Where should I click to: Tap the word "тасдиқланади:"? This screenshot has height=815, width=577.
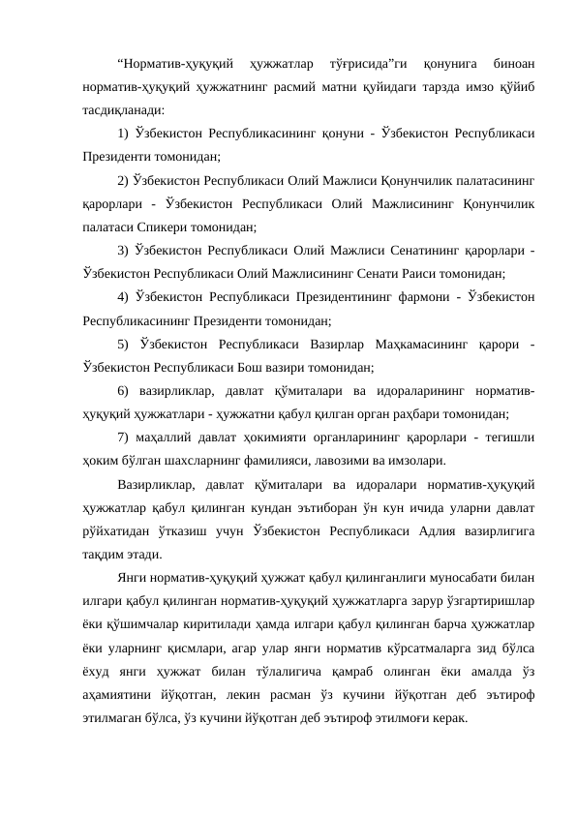(x=123, y=109)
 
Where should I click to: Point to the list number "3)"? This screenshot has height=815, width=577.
(x=123, y=252)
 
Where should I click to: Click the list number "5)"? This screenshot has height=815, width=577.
(x=123, y=344)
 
